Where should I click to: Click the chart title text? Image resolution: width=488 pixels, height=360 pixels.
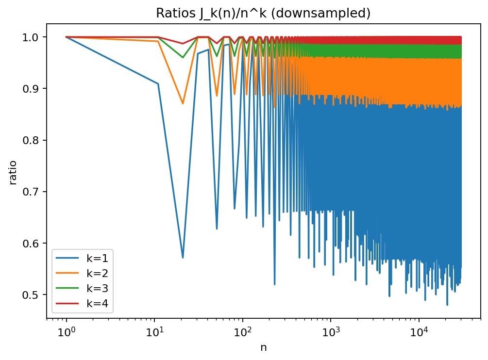pyautogui.click(x=263, y=13)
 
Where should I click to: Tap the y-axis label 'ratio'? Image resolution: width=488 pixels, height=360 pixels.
pyautogui.click(x=13, y=172)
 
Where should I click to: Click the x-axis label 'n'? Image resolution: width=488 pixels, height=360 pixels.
pyautogui.click(x=263, y=347)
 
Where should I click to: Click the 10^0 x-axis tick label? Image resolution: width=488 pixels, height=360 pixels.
pyautogui.click(x=66, y=331)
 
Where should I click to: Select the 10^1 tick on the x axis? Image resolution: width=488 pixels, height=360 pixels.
pyautogui.click(x=154, y=331)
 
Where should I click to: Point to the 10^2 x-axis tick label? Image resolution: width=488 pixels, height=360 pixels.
pyautogui.click(x=243, y=331)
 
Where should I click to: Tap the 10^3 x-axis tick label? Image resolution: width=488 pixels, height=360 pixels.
pyautogui.click(x=331, y=331)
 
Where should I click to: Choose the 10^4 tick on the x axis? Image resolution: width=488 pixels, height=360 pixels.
pyautogui.click(x=419, y=331)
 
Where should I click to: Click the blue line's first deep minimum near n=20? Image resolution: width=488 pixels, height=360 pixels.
pyautogui.click(x=183, y=258)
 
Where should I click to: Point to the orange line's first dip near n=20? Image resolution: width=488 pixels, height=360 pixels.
pyautogui.click(x=183, y=103)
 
